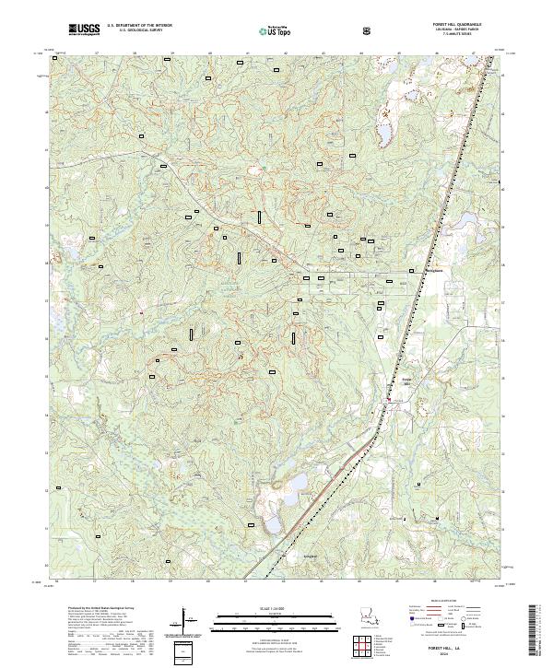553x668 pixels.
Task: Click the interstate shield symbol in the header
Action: tap(369, 30)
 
